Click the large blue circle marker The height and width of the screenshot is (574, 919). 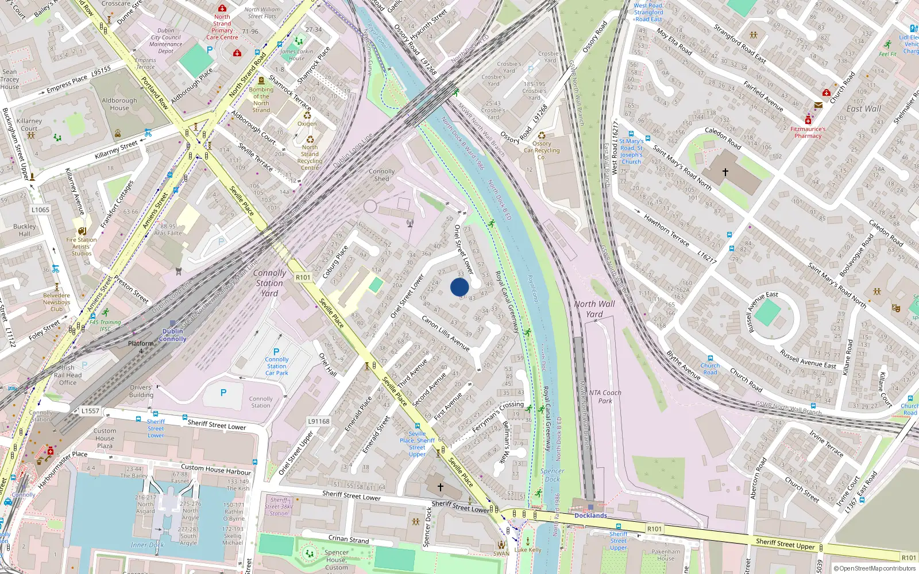[459, 287]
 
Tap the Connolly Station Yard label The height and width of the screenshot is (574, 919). [269, 283]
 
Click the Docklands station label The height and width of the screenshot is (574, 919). [590, 515]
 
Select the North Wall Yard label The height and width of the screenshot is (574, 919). [594, 309]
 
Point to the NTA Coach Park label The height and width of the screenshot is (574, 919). [605, 397]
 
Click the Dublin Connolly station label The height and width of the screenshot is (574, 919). [173, 335]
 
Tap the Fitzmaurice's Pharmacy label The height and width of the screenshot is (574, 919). [808, 133]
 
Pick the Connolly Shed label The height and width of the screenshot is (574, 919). [382, 175]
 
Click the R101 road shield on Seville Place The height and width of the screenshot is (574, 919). [303, 277]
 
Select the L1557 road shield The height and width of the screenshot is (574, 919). [90, 411]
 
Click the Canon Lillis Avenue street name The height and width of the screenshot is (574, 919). [446, 333]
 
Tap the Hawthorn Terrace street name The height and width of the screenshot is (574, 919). [666, 230]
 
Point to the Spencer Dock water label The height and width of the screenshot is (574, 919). [552, 475]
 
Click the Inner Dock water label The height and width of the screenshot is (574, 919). [147, 545]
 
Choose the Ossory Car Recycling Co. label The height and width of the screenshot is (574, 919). [542, 150]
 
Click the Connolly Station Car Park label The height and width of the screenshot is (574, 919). [277, 366]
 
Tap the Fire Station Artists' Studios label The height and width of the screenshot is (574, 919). [82, 247]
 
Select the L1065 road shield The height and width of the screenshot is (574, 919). [40, 210]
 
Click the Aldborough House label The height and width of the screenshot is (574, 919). [119, 104]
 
